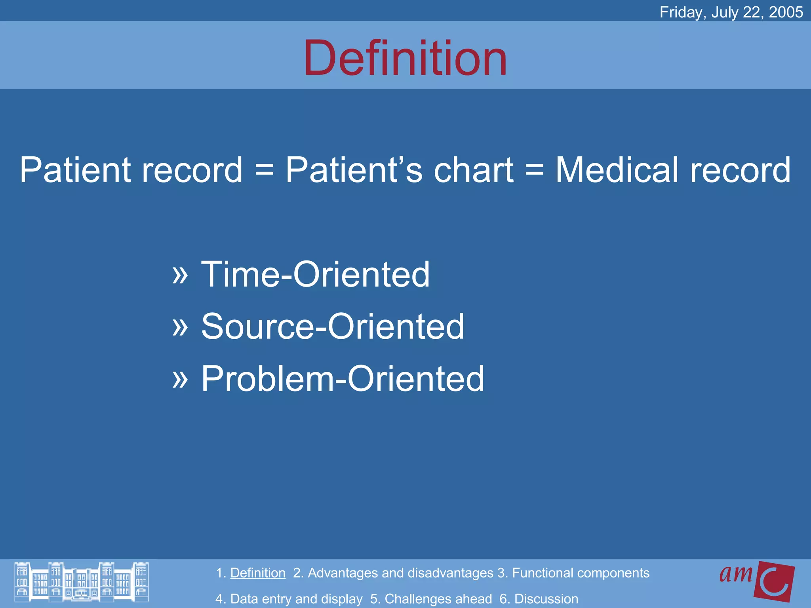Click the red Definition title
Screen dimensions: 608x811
coord(405,58)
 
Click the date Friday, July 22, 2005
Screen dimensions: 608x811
coord(731,12)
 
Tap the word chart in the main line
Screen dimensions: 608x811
coord(474,170)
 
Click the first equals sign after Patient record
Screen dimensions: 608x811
coord(264,171)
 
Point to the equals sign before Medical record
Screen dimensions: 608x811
coord(534,171)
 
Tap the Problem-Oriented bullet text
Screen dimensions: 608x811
coord(343,379)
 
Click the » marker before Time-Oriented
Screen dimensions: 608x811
coord(180,275)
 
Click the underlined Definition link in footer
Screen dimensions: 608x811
coord(258,573)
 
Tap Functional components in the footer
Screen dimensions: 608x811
coord(581,573)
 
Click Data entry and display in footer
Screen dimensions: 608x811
coord(296,598)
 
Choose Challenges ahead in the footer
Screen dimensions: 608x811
coord(438,598)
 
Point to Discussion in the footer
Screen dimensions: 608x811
coord(546,598)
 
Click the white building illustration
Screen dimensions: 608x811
coord(81,581)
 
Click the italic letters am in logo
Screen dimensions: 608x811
coord(736,574)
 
